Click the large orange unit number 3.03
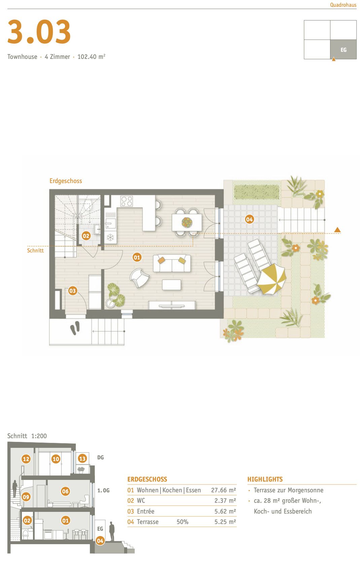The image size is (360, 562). click(x=39, y=32)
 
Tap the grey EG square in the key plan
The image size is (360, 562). click(x=343, y=49)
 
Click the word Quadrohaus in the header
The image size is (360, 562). click(x=343, y=5)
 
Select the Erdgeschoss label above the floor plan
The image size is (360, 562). click(x=66, y=181)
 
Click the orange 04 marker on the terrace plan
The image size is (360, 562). click(x=249, y=219)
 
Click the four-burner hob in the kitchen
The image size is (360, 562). click(x=127, y=201)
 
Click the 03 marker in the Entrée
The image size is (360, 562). click(x=73, y=290)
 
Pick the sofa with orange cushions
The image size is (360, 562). click(x=172, y=263)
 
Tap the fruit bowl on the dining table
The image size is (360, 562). click(x=186, y=222)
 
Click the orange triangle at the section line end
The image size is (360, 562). click(x=337, y=230)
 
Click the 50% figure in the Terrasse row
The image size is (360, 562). click(x=182, y=522)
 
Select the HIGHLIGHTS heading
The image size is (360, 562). click(x=265, y=479)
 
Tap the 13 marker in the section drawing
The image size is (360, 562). click(x=82, y=458)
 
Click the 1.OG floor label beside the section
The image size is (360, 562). click(x=103, y=490)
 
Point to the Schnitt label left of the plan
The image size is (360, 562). click(x=35, y=250)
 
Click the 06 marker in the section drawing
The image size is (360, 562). click(x=65, y=491)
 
